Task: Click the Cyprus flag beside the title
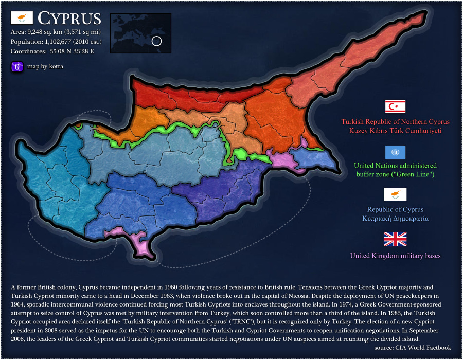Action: click(22, 18)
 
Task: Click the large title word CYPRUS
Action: click(69, 18)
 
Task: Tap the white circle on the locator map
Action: click(157, 41)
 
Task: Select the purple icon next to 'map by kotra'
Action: click(17, 66)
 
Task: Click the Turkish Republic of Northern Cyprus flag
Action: click(395, 106)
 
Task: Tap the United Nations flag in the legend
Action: click(395, 152)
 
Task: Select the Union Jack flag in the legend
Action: click(395, 239)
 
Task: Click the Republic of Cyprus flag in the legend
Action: click(395, 194)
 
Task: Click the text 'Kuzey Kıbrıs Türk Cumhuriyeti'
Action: click(395, 131)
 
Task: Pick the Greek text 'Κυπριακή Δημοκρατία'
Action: click(395, 218)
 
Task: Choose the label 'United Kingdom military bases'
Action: click(395, 256)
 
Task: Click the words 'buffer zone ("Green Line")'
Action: click(395, 174)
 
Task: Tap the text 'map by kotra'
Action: click(45, 66)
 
